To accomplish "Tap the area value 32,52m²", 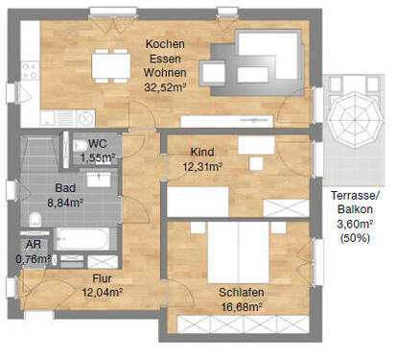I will [x=163, y=85].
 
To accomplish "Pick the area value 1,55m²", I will [x=97, y=157].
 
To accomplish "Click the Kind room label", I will [x=202, y=153].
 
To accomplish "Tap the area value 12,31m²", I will [x=202, y=166].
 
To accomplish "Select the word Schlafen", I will [x=243, y=292].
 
